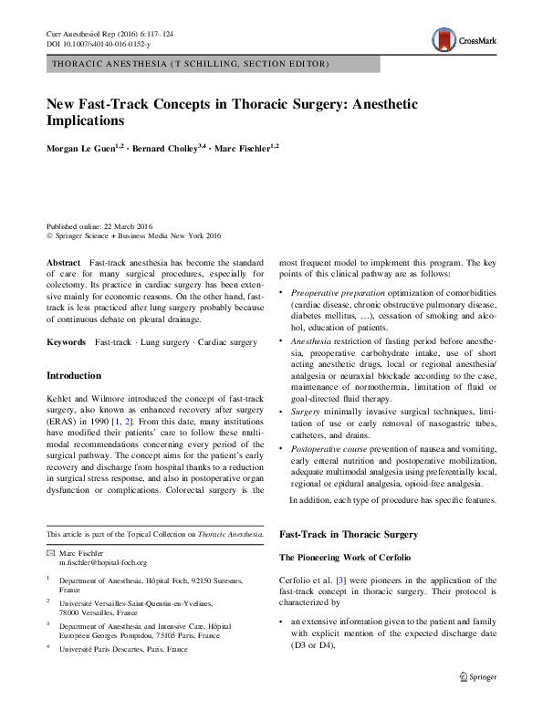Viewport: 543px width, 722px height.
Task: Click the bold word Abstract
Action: [x=64, y=262]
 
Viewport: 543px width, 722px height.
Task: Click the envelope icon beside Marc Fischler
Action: [x=50, y=554]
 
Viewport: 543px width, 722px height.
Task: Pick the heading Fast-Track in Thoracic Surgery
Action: [x=348, y=533]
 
